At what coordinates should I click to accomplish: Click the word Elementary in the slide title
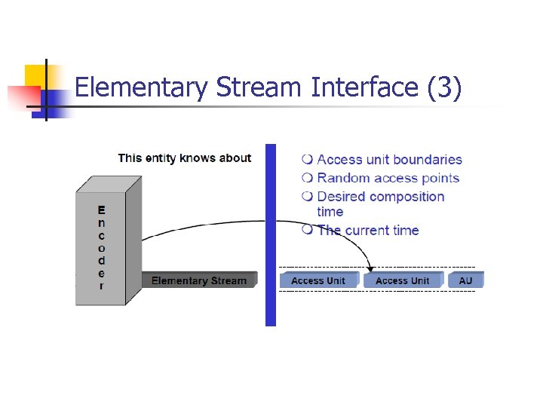coord(141,88)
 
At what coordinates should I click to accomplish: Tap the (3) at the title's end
coord(444,88)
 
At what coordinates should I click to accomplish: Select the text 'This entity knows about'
coord(185,158)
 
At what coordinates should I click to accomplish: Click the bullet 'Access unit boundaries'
coord(389,160)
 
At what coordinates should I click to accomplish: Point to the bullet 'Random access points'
coord(388,179)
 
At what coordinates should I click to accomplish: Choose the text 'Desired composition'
coord(381,197)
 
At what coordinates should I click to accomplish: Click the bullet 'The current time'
coord(368,231)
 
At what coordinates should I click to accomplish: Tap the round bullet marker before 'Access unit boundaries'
coord(307,160)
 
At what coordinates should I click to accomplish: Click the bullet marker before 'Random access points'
coord(307,179)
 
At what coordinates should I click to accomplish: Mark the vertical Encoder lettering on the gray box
coord(102,247)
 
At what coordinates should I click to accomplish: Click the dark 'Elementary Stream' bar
coord(199,280)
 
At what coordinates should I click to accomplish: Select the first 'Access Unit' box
coord(318,280)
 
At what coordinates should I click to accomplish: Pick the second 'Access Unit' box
coord(402,280)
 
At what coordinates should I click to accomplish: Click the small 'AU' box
coord(466,280)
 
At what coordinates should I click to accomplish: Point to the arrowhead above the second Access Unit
coord(371,268)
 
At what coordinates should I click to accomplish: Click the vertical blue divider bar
coord(271,234)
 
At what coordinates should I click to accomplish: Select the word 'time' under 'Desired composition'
coord(330,213)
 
